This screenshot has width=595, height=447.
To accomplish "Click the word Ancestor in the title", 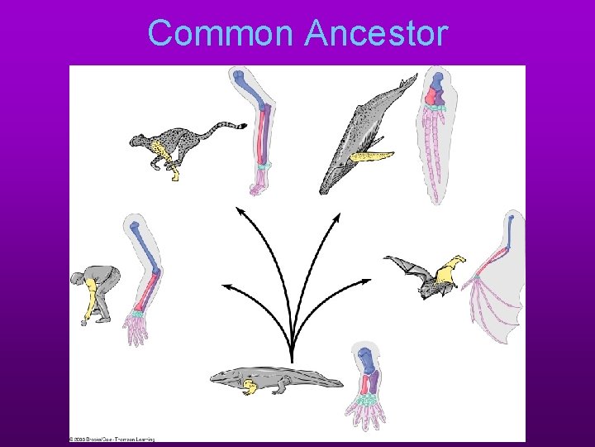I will point(376,34).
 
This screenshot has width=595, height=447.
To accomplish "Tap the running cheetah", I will point(178,146).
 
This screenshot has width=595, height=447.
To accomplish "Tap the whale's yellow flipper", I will point(369,156).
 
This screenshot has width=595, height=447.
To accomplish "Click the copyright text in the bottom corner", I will point(112,439).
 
